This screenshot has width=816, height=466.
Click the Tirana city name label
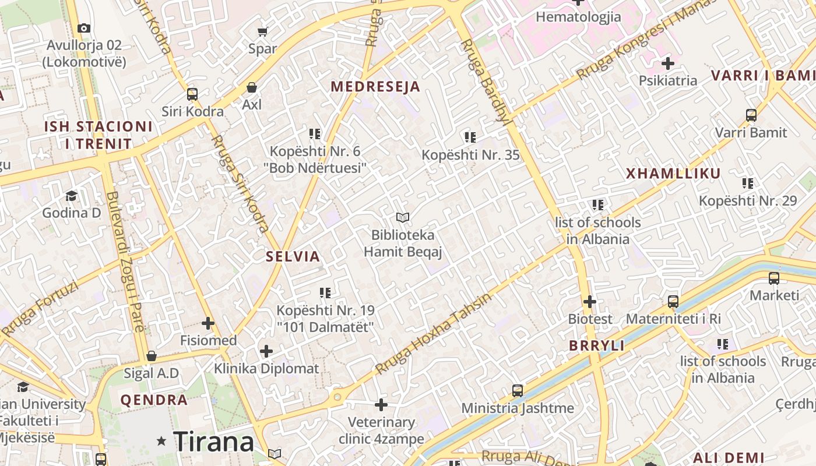pyautogui.click(x=213, y=442)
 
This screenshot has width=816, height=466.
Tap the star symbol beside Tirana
pyautogui.click(x=161, y=442)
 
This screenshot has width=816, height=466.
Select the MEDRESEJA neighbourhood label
pyautogui.click(x=375, y=87)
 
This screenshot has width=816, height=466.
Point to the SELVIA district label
pyautogui.click(x=293, y=256)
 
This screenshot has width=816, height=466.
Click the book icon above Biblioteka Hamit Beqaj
pyautogui.click(x=403, y=218)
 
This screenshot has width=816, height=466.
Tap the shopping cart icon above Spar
pyautogui.click(x=263, y=31)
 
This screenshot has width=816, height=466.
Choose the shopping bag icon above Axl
pyautogui.click(x=252, y=87)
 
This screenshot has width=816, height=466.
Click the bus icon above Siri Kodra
pyautogui.click(x=192, y=94)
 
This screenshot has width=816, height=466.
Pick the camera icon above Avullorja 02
pyautogui.click(x=84, y=28)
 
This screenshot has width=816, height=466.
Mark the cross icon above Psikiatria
pyautogui.click(x=668, y=63)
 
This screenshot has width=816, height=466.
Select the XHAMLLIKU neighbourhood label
pyautogui.click(x=673, y=173)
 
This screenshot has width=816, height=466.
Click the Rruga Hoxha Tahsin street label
pyautogui.click(x=433, y=334)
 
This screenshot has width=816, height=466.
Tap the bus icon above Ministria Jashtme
pyautogui.click(x=517, y=390)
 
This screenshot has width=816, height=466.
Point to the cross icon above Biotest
pyautogui.click(x=590, y=302)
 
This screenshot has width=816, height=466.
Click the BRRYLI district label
pyautogui.click(x=597, y=345)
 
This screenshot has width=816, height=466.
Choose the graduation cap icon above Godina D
pyautogui.click(x=71, y=196)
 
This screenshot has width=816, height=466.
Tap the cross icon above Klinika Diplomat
pyautogui.click(x=266, y=351)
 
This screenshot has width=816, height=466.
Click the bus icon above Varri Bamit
pyautogui.click(x=751, y=115)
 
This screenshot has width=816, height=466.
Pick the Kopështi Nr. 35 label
pyautogui.click(x=470, y=155)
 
